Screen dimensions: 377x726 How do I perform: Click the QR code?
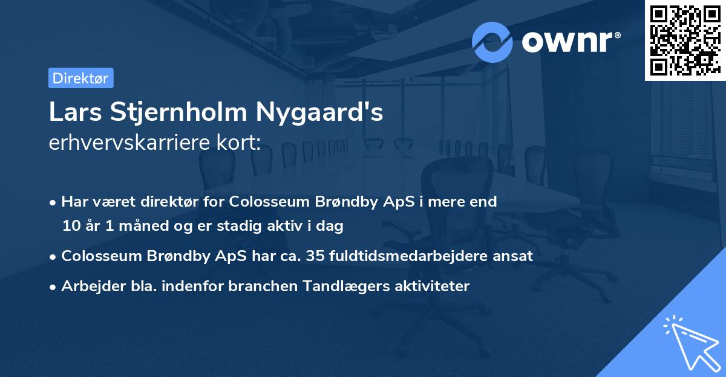pyautogui.click(x=685, y=40)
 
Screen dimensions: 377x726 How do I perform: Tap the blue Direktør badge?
pyautogui.click(x=80, y=78)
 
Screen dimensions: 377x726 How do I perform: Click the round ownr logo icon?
pyautogui.click(x=492, y=42)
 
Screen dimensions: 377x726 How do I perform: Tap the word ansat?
pyautogui.click(x=514, y=256)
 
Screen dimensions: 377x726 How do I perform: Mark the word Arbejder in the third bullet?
pyautogui.click(x=88, y=286)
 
